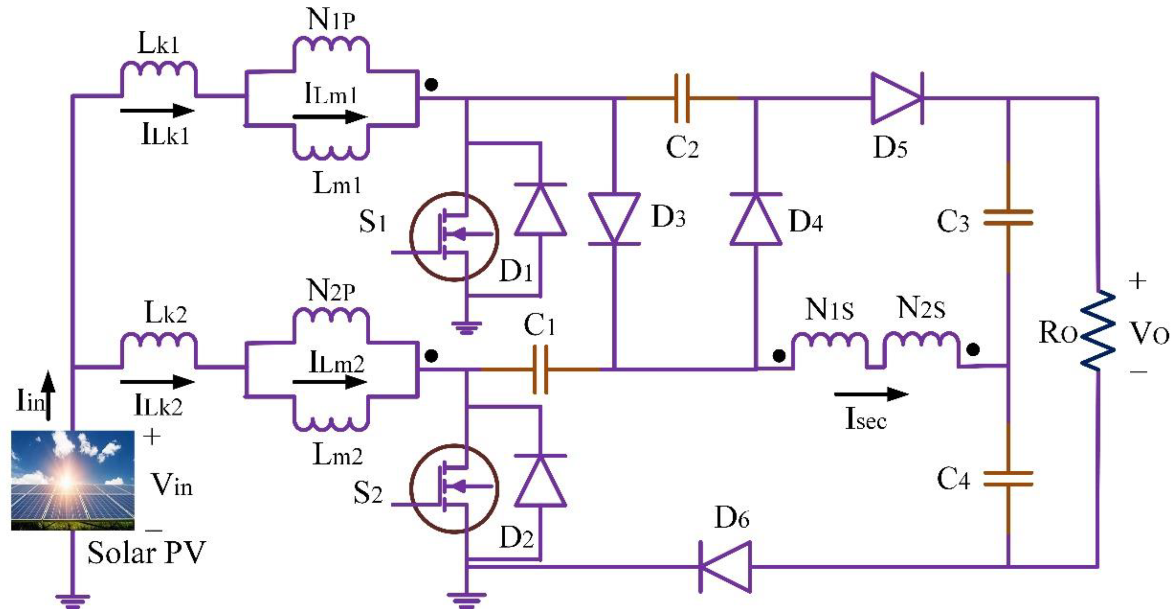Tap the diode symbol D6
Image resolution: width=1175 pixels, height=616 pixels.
tap(725, 566)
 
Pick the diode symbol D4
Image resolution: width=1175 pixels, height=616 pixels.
tap(756, 219)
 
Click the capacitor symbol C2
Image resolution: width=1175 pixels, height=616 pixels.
tap(682, 98)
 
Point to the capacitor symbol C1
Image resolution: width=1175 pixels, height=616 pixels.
tap(540, 369)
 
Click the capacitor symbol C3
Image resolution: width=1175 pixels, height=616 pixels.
tap(1008, 218)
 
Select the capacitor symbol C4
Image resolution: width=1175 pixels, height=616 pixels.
tap(1008, 480)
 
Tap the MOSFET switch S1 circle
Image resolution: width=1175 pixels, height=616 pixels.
tap(454, 236)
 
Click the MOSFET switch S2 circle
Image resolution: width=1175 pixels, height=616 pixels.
tap(454, 489)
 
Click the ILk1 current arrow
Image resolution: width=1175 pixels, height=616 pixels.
tap(157, 110)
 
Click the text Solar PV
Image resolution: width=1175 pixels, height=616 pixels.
tap(146, 553)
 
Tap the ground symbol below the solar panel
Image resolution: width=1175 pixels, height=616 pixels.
tap(72, 601)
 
